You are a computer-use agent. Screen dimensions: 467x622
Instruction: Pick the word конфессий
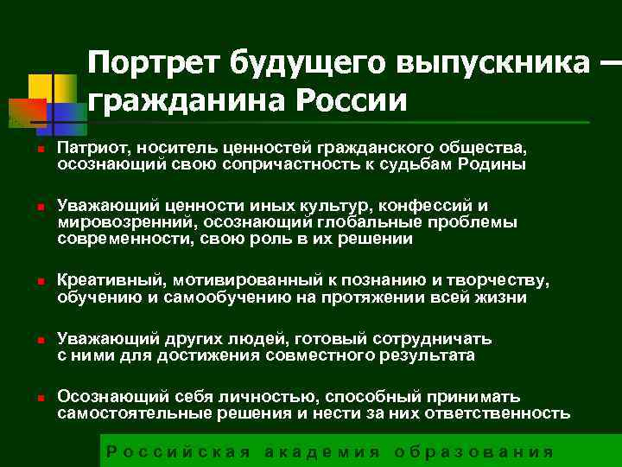(x=427, y=206)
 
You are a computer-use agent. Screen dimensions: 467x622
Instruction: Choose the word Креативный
(x=110, y=281)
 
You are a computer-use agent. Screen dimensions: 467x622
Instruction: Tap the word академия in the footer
(x=321, y=451)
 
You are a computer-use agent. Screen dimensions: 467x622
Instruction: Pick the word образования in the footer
(x=473, y=451)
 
